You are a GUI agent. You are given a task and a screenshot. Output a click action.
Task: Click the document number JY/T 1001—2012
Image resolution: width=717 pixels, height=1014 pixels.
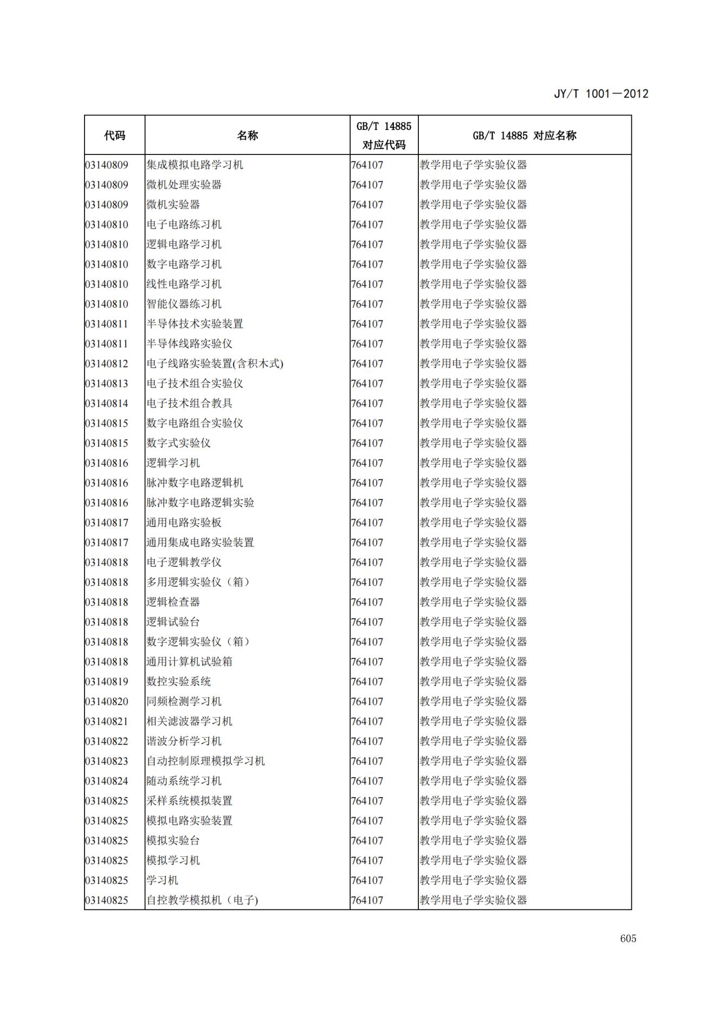coord(600,93)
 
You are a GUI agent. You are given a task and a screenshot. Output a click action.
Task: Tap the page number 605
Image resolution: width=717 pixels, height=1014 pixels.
coord(628,939)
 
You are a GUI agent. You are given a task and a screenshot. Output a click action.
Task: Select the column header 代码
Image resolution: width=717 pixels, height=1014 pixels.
coord(114,135)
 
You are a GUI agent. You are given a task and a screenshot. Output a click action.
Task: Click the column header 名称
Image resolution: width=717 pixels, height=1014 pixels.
coord(247,135)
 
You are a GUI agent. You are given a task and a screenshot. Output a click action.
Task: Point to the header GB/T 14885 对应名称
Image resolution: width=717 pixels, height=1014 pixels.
coord(524,135)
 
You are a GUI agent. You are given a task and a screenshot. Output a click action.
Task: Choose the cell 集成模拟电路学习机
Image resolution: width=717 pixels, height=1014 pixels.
coord(195,165)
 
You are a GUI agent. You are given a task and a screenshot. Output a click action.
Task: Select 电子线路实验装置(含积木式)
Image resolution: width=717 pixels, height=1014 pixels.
coord(215,364)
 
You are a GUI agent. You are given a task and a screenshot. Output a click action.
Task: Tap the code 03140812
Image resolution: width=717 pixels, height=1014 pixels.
coord(107,364)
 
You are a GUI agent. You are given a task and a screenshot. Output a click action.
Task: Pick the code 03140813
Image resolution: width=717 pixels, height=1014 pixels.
coord(107,384)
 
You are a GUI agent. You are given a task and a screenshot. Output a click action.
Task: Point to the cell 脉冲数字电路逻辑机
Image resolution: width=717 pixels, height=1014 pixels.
coord(195,483)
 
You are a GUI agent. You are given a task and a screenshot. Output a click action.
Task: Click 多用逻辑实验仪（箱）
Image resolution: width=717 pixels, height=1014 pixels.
coord(198,582)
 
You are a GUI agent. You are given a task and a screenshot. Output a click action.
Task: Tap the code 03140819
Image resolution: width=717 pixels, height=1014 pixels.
coord(107,682)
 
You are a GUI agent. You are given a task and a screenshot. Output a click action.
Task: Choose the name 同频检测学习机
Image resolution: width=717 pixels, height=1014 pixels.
coord(184,701)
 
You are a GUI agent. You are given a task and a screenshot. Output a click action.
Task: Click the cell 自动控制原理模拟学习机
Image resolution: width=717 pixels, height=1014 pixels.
coord(205,761)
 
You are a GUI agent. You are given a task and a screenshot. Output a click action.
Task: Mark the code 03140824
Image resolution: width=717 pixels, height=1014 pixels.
coord(107,781)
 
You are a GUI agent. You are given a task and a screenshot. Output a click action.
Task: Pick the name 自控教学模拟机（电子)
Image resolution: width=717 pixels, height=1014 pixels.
coord(202,900)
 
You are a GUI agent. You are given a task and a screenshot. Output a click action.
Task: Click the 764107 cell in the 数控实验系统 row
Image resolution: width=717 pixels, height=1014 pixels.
coord(367,682)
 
